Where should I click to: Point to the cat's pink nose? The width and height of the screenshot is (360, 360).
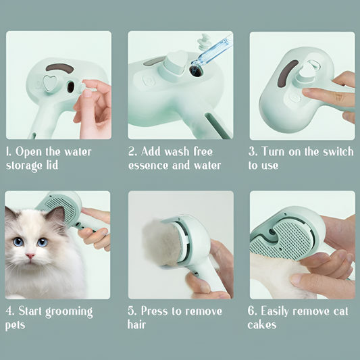[30, 257]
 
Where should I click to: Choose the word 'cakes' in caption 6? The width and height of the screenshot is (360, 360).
[263, 325]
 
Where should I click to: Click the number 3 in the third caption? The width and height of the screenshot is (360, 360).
[252, 151]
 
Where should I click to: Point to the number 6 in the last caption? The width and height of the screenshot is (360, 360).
[253, 311]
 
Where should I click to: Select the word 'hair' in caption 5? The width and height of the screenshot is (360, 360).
[137, 325]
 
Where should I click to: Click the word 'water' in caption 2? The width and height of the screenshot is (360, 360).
[205, 165]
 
